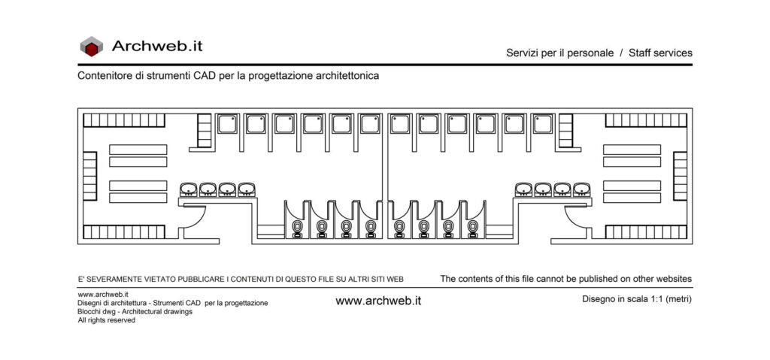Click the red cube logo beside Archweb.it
[x=91, y=46]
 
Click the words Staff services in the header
[x=660, y=53]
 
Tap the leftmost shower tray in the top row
[x=227, y=124]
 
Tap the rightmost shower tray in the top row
[x=542, y=124]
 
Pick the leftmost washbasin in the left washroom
[x=189, y=189]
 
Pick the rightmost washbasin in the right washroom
[x=581, y=189]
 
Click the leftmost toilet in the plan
[x=298, y=228]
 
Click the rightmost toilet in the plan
[x=472, y=228]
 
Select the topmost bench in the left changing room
[x=138, y=150]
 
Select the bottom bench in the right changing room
[x=632, y=198]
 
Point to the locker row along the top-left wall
[x=124, y=120]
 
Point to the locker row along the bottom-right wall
[x=646, y=231]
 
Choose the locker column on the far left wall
[x=90, y=176]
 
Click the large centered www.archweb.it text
[x=378, y=301]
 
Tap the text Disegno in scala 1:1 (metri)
[x=637, y=298]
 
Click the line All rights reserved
[x=107, y=320]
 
